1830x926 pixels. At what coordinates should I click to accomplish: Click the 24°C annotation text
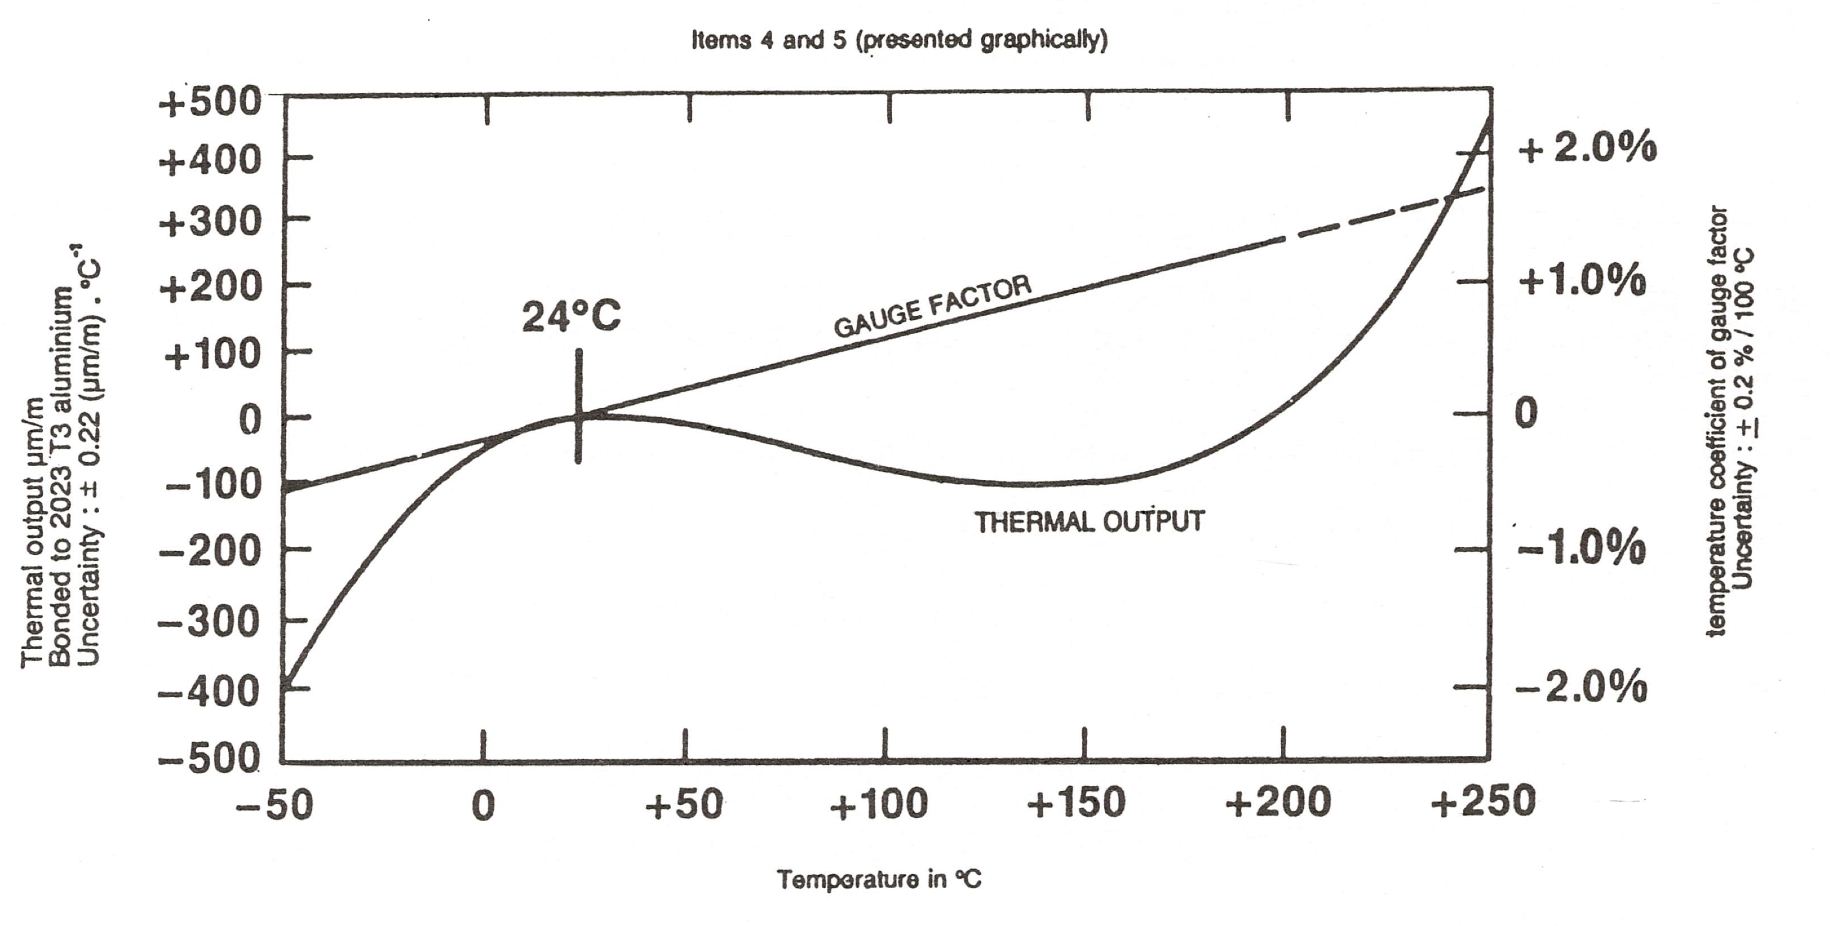pos(571,316)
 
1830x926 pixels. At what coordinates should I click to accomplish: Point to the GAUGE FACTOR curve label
pos(932,306)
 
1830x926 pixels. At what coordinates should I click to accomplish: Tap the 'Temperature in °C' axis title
pos(879,880)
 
